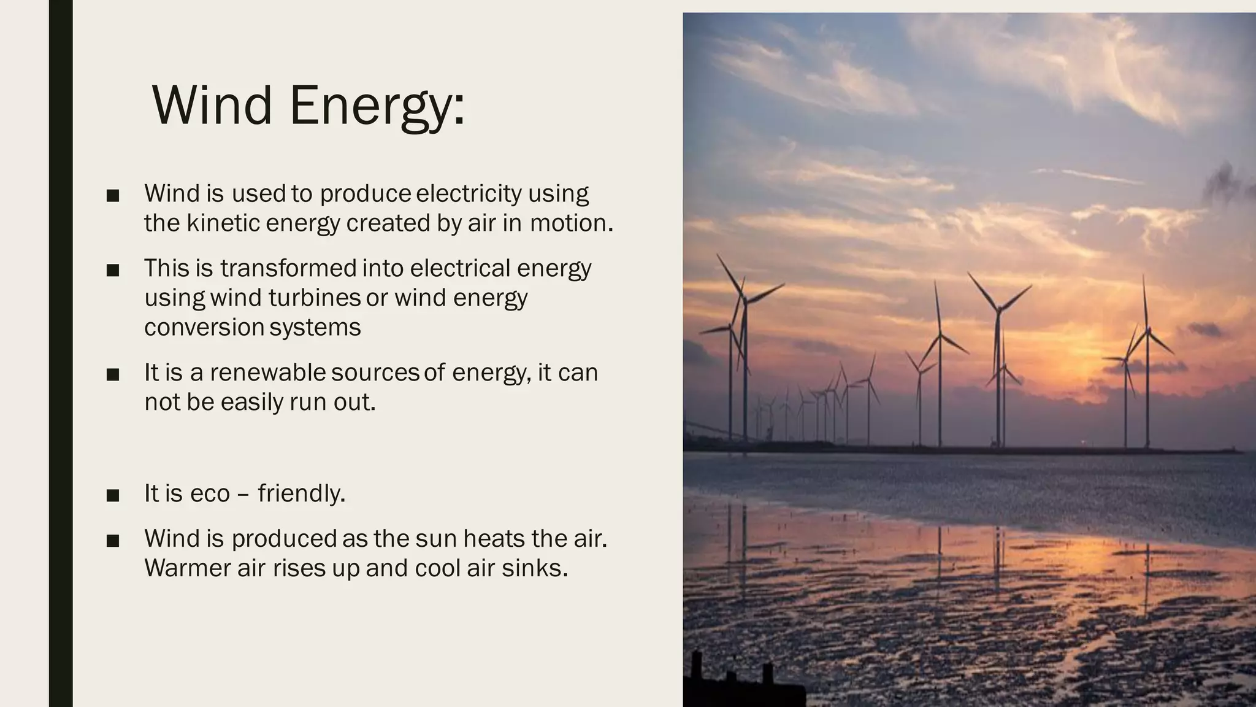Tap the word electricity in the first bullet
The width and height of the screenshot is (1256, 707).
469,193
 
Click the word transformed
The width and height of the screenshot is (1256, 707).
288,268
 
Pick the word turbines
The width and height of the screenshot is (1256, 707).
315,298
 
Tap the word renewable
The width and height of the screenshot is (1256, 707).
268,373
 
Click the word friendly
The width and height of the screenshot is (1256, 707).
301,493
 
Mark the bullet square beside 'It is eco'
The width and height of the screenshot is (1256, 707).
112,495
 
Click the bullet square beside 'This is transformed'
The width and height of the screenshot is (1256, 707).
112,271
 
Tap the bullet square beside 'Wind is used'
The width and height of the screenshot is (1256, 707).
112,196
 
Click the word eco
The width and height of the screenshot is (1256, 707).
210,493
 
